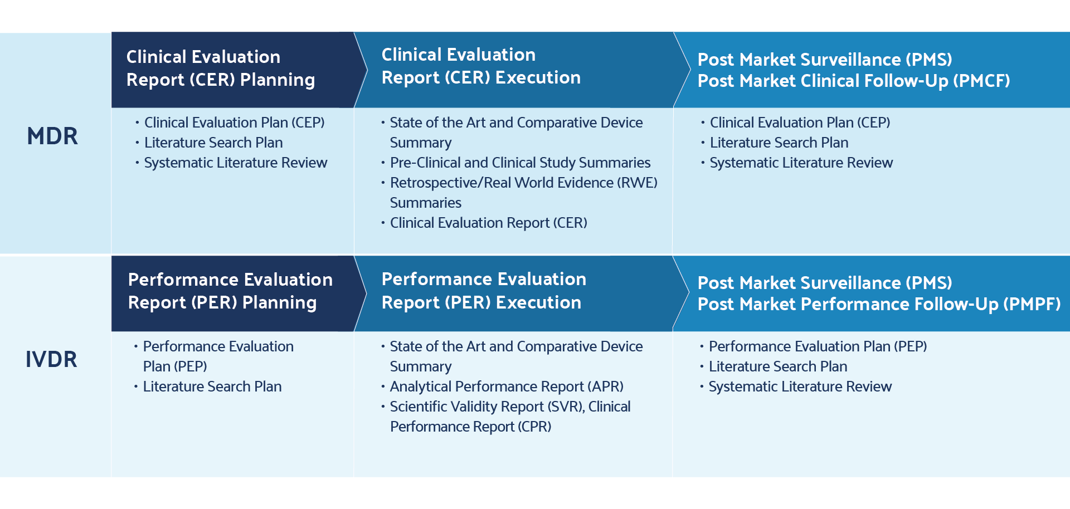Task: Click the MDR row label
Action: click(52, 136)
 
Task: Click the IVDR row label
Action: click(51, 360)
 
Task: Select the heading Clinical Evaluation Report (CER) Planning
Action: click(221, 68)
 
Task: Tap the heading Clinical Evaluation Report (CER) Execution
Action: click(481, 66)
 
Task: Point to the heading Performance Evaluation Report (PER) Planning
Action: click(230, 291)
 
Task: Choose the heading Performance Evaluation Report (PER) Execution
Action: click(484, 291)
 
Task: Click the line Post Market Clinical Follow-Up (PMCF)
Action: click(854, 81)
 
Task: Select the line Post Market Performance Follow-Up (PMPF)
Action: click(879, 305)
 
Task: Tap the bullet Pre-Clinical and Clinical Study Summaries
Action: click(520, 163)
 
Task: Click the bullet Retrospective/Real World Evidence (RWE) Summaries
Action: click(523, 192)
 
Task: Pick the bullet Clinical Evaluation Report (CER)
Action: click(488, 223)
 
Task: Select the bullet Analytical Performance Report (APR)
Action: click(507, 386)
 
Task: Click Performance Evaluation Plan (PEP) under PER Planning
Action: click(218, 356)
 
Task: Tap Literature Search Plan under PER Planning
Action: click(212, 386)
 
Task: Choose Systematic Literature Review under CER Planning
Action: click(236, 163)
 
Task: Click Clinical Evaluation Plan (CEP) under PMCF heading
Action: click(800, 123)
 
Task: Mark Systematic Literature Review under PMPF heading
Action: click(800, 386)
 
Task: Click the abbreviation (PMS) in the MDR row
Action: click(929, 60)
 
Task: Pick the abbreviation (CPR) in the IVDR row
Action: click(534, 427)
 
